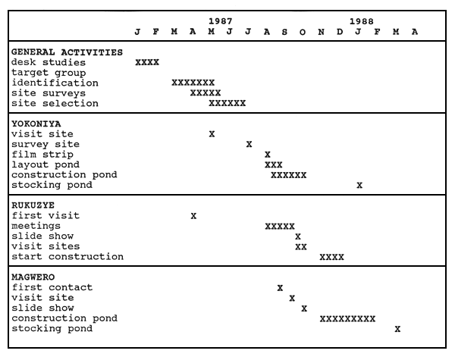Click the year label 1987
click(221, 21)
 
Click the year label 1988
click(361, 21)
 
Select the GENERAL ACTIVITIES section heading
click(67, 52)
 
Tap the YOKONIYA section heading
click(36, 124)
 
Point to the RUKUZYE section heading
click(33, 205)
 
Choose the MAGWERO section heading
click(33, 277)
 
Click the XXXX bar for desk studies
click(147, 62)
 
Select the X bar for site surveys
click(206, 93)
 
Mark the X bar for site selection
click(227, 103)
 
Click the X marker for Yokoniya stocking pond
click(359, 185)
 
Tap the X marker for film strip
click(268, 155)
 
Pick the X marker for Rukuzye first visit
click(193, 216)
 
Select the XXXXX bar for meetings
click(280, 227)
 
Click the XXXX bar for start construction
click(331, 257)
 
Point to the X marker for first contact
click(280, 288)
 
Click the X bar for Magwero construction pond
click(347, 319)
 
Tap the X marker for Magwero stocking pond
click(397, 329)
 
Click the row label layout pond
click(45, 164)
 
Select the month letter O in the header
click(303, 32)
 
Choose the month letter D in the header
click(340, 32)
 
